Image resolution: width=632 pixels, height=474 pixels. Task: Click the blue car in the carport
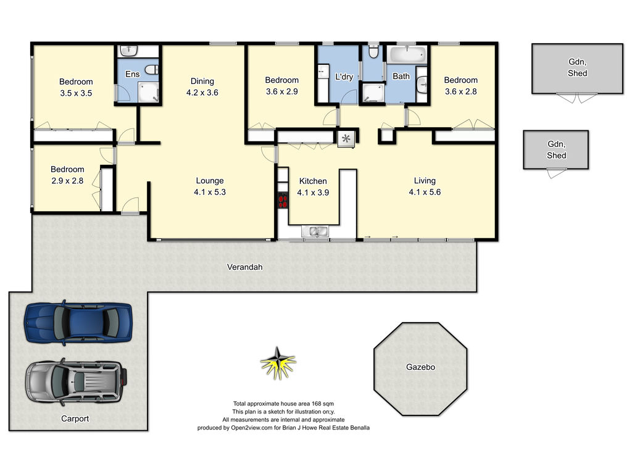(x=78, y=322)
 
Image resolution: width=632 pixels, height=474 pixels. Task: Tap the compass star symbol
(x=278, y=363)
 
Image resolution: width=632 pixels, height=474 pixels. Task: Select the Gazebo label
(x=420, y=367)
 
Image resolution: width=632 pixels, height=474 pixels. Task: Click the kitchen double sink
(x=315, y=232)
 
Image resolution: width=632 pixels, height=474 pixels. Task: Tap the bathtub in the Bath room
(x=407, y=54)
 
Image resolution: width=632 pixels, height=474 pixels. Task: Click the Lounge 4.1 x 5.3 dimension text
(x=210, y=192)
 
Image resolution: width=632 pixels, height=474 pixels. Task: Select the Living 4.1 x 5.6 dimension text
(x=425, y=192)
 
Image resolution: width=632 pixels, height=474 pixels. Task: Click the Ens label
(x=132, y=74)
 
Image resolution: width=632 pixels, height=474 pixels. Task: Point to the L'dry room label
(x=344, y=77)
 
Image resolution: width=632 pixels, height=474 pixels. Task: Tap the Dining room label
(x=202, y=81)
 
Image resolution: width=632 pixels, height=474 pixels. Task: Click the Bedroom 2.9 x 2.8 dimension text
(x=67, y=181)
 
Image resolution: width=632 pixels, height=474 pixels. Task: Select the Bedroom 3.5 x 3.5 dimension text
(x=76, y=93)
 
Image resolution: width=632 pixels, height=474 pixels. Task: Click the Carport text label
(x=75, y=418)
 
